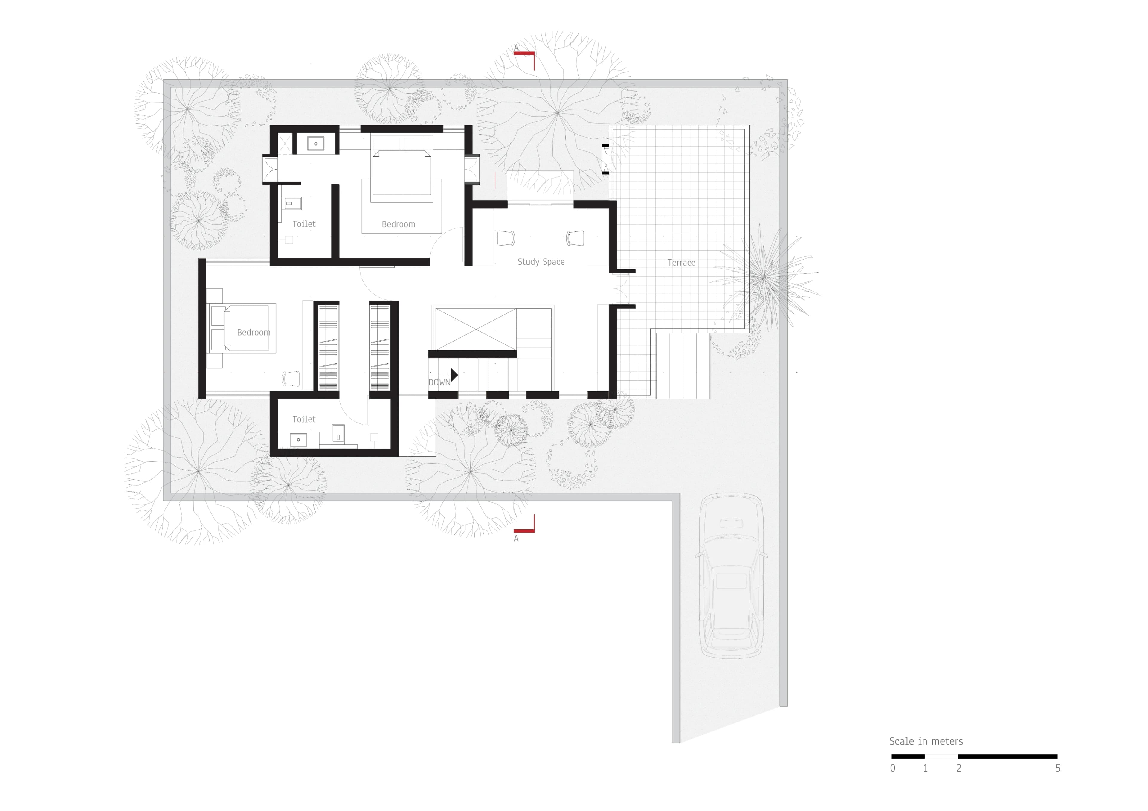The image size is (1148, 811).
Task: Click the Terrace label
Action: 681,263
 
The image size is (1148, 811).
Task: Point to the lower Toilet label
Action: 303,419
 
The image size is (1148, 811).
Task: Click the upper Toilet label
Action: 303,224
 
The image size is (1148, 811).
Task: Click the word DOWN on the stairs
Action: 439,382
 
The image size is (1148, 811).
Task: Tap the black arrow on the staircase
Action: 454,374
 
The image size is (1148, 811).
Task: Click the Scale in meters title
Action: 926,741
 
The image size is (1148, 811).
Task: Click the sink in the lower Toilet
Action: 298,440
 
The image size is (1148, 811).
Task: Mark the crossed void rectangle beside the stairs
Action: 476,329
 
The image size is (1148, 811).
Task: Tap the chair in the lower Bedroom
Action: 291,379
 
